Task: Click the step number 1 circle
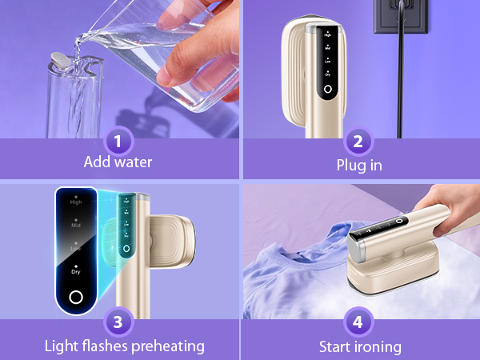click(x=118, y=142)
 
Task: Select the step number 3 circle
click(x=118, y=322)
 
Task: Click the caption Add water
click(x=118, y=162)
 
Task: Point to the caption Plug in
click(x=359, y=166)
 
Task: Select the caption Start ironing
click(x=359, y=346)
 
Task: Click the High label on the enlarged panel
click(x=76, y=202)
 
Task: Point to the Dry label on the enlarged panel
click(x=76, y=271)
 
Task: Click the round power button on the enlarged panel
click(x=75, y=298)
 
